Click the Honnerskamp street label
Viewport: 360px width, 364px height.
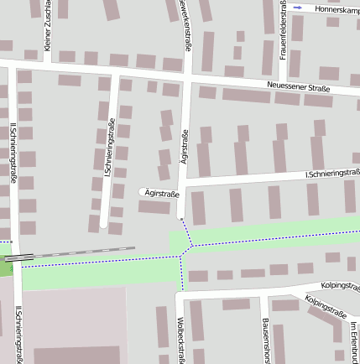click(331, 8)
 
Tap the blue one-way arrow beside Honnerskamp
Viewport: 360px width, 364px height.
click(297, 8)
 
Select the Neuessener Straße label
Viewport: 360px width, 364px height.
click(298, 87)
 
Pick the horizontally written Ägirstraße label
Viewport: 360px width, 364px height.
click(162, 194)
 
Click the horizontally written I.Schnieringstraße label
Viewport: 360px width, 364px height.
click(332, 174)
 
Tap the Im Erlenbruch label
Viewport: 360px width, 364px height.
click(354, 344)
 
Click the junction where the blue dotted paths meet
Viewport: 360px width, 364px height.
click(192, 246)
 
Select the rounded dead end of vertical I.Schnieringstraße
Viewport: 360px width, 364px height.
click(103, 224)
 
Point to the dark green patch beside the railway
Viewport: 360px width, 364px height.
click(6, 265)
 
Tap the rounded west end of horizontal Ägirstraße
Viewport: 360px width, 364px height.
click(141, 193)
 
